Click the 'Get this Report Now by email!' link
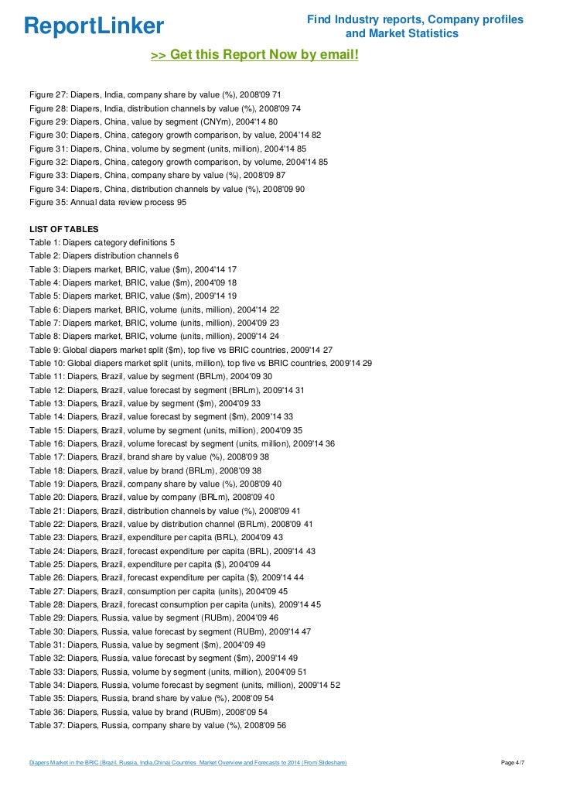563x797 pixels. [254, 55]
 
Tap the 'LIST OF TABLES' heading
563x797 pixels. [63, 229]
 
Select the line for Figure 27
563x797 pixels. [149, 94]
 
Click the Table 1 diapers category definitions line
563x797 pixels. [102, 242]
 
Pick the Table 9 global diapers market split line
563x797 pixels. [181, 349]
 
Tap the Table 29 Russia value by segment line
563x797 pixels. [154, 617]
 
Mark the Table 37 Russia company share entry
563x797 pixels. [158, 725]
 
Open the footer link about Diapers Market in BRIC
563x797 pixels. [188, 764]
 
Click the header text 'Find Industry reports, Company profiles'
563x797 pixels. [415, 19]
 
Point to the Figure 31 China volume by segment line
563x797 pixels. [179, 149]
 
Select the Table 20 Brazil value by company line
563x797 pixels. [152, 497]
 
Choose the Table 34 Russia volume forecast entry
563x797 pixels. [185, 685]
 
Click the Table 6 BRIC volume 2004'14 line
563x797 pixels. [154, 309]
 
